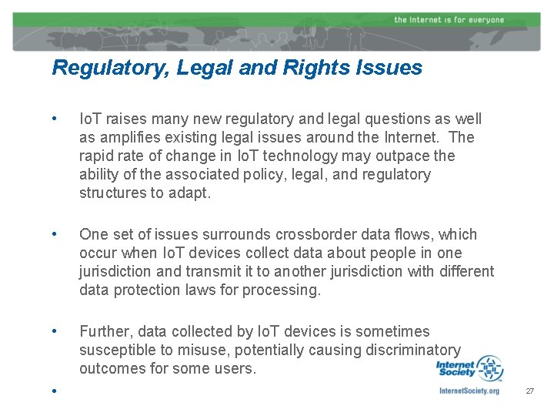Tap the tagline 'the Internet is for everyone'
tap(449, 19)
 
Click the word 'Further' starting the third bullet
tap(104, 331)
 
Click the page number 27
tap(529, 391)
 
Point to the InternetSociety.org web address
tap(469, 391)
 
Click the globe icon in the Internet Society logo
tap(489, 368)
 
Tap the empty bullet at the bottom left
tap(54, 391)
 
